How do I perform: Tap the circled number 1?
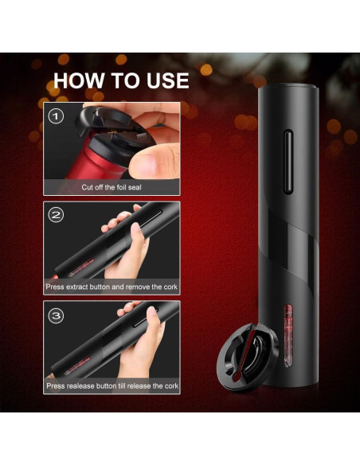pyautogui.click(x=56, y=116)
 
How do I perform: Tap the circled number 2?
pyautogui.click(x=56, y=215)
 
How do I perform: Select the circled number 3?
pyautogui.click(x=56, y=315)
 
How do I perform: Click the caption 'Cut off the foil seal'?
pyautogui.click(x=112, y=187)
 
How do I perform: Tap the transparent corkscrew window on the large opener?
pyautogui.click(x=288, y=336)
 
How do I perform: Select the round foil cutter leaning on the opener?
pyautogui.click(x=248, y=357)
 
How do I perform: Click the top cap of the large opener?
pyautogui.click(x=288, y=88)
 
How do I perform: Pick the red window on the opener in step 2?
pyautogui.click(x=81, y=268)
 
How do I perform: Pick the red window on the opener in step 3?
pyautogui.click(x=77, y=365)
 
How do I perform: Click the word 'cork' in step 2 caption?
pyautogui.click(x=170, y=287)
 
